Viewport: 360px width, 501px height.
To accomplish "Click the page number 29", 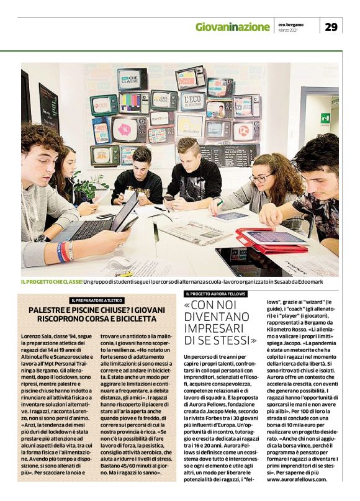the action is [331, 26].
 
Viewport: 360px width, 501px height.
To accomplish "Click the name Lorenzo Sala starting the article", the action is [38, 336].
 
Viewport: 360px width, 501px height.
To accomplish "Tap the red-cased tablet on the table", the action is [271, 238].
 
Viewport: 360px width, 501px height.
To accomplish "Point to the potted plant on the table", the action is [89, 186].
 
